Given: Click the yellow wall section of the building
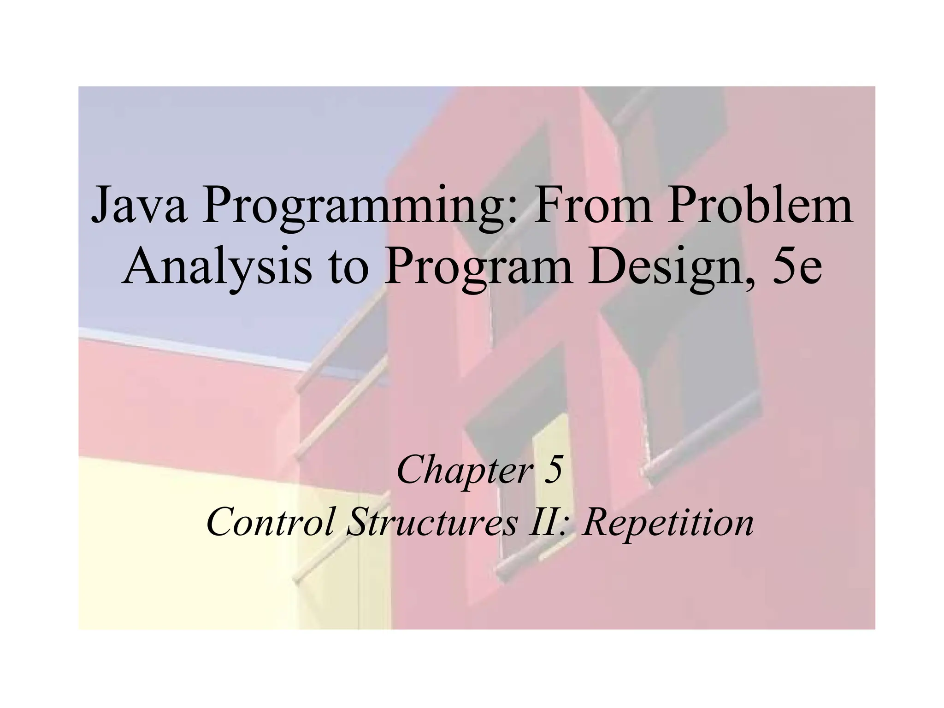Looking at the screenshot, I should pos(184,553).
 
